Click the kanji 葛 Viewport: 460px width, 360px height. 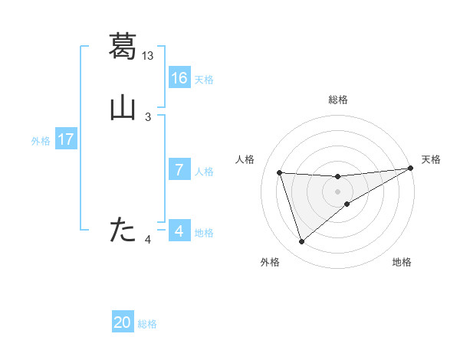pyautogui.click(x=123, y=46)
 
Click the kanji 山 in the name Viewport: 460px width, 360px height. pyautogui.click(x=123, y=108)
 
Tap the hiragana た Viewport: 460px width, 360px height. pyautogui.click(x=123, y=229)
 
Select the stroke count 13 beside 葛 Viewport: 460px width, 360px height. pyautogui.click(x=148, y=55)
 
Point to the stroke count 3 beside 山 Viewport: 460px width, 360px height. pyautogui.click(x=148, y=117)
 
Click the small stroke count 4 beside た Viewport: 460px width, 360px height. pyautogui.click(x=148, y=241)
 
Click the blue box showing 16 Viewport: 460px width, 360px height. pyautogui.click(x=179, y=77)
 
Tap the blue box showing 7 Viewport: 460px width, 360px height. pyautogui.click(x=179, y=170)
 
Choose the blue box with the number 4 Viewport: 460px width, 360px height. pyautogui.click(x=179, y=231)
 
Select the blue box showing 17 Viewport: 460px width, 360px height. pyautogui.click(x=66, y=139)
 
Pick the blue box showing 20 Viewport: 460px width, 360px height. pyautogui.click(x=123, y=322)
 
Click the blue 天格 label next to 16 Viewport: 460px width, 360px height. pyautogui.click(x=204, y=80)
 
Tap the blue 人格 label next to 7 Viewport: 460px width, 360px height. pyautogui.click(x=204, y=172)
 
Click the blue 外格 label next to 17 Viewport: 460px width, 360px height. pyautogui.click(x=41, y=141)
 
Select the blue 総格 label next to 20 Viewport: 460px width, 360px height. pyautogui.click(x=147, y=324)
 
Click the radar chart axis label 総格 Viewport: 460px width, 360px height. pyautogui.click(x=337, y=100)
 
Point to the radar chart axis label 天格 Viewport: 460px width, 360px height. pyautogui.click(x=431, y=159)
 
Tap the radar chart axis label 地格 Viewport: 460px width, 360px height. pyautogui.click(x=402, y=262)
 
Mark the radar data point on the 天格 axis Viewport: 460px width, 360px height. pyautogui.click(x=410, y=169)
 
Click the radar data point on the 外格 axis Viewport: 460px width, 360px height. pyautogui.click(x=301, y=242)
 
